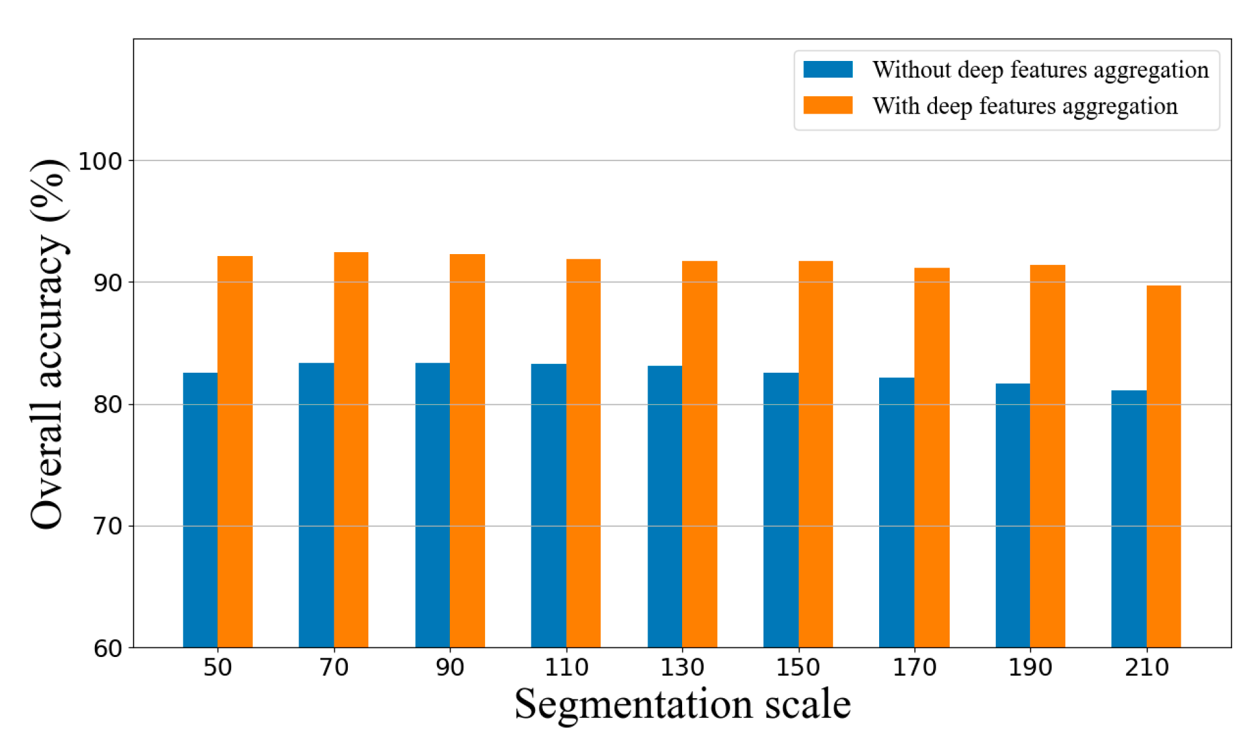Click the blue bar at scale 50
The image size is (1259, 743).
200,510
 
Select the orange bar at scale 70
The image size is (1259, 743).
351,449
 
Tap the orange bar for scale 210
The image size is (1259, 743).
1163,466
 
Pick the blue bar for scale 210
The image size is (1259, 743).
1129,518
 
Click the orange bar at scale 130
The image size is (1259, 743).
699,454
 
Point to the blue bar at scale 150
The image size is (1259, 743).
781,510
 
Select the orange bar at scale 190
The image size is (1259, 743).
1047,456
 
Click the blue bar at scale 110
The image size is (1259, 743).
549,506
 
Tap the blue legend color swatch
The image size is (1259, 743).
828,69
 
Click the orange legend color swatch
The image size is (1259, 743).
828,105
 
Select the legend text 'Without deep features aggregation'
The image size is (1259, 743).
1040,70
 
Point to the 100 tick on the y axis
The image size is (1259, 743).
100,161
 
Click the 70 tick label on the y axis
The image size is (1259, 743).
107,526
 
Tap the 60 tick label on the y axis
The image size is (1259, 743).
107,649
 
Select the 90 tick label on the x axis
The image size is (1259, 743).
450,667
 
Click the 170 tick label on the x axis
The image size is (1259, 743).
914,667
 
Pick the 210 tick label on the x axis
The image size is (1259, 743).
1147,667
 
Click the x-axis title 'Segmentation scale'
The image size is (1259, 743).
682,705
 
